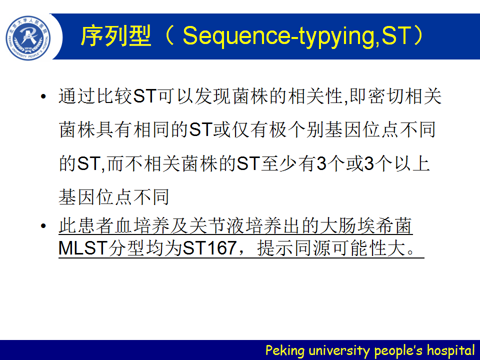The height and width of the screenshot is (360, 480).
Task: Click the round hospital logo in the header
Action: pos(28,38)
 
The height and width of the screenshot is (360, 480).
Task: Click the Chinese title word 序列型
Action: pos(116,36)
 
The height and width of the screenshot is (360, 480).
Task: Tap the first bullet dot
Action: pos(43,96)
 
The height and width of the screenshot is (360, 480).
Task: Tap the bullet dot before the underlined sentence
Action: pos(43,226)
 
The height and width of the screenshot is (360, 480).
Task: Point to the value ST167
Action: pos(209,248)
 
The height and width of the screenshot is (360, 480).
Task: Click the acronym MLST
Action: pos(83,248)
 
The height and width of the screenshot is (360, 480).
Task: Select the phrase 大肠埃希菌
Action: pos(366,226)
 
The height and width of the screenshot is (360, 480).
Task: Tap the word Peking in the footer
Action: pos(285,350)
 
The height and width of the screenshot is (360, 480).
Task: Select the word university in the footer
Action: pos(339,350)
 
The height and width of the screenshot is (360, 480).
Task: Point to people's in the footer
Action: pos(398,350)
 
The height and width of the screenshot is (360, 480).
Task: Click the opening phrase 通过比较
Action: pos(95,96)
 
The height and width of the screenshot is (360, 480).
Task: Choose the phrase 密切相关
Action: pos(404,96)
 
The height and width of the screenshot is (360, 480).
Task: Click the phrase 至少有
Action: pos(288,163)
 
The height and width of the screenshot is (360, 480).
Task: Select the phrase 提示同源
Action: pos(294,248)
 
